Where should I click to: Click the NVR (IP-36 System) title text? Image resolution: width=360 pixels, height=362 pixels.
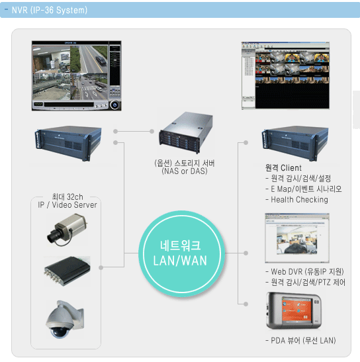[50, 10]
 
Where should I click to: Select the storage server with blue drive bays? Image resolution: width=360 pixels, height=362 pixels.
[186, 132]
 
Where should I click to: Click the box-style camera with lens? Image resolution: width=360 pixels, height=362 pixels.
[67, 229]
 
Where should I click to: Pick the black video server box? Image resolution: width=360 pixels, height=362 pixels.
[67, 271]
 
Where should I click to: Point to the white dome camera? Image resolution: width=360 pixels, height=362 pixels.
[65, 320]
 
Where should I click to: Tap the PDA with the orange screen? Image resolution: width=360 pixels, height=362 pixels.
[294, 310]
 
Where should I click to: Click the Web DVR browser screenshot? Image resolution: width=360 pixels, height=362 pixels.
[297, 238]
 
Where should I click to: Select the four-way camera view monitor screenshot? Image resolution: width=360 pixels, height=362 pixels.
[76, 75]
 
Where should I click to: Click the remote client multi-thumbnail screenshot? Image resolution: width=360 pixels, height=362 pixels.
[285, 75]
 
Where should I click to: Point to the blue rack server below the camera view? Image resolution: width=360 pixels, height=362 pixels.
[68, 143]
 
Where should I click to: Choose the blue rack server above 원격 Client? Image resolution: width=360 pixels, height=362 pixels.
[295, 143]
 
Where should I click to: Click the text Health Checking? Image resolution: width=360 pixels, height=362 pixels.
[299, 199]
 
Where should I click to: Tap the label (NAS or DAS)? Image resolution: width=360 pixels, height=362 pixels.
[184, 171]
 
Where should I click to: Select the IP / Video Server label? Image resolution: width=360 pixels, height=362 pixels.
[67, 204]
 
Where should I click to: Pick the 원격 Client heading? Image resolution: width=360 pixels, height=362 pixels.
[283, 168]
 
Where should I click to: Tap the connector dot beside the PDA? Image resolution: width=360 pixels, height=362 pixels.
[246, 304]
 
